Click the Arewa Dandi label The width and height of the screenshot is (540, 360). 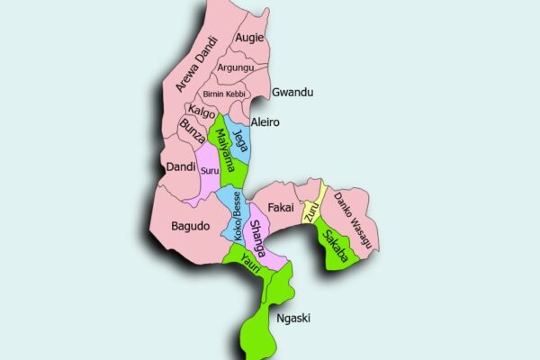[x=195, y=63]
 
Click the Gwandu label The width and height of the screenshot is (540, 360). [x=292, y=93]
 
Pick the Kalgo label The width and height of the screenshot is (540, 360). [x=201, y=112]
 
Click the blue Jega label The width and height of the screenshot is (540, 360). [x=238, y=140]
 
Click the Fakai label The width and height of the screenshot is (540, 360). [x=282, y=208]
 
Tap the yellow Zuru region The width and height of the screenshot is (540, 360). [x=312, y=211]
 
